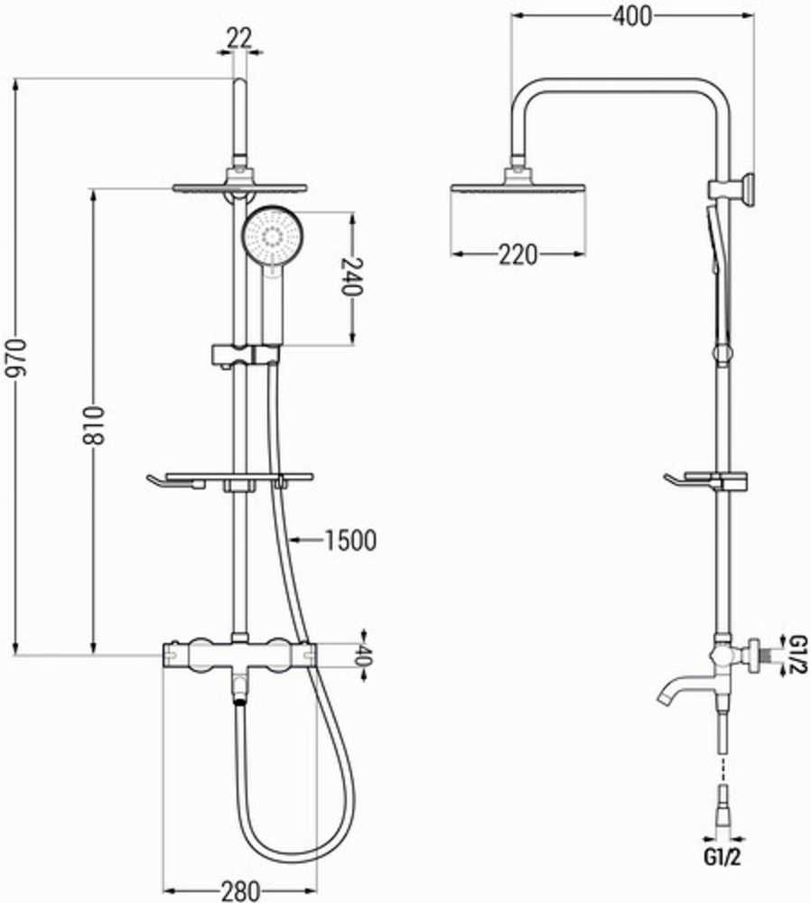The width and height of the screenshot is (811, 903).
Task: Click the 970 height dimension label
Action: pos(15,358)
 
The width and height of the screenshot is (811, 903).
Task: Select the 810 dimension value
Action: pos(94,425)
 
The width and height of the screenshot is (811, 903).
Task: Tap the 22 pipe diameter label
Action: pos(239,39)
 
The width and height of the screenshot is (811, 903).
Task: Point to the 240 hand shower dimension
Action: pos(351,276)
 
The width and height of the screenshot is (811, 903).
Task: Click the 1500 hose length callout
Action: pos(350,540)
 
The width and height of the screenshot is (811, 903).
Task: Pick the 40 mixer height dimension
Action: pos(362,656)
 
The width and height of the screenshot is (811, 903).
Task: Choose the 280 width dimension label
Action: pos(240,891)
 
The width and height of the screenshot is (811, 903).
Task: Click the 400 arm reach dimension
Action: pos(632,16)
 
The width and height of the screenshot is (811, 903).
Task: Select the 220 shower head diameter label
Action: pos(517,255)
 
